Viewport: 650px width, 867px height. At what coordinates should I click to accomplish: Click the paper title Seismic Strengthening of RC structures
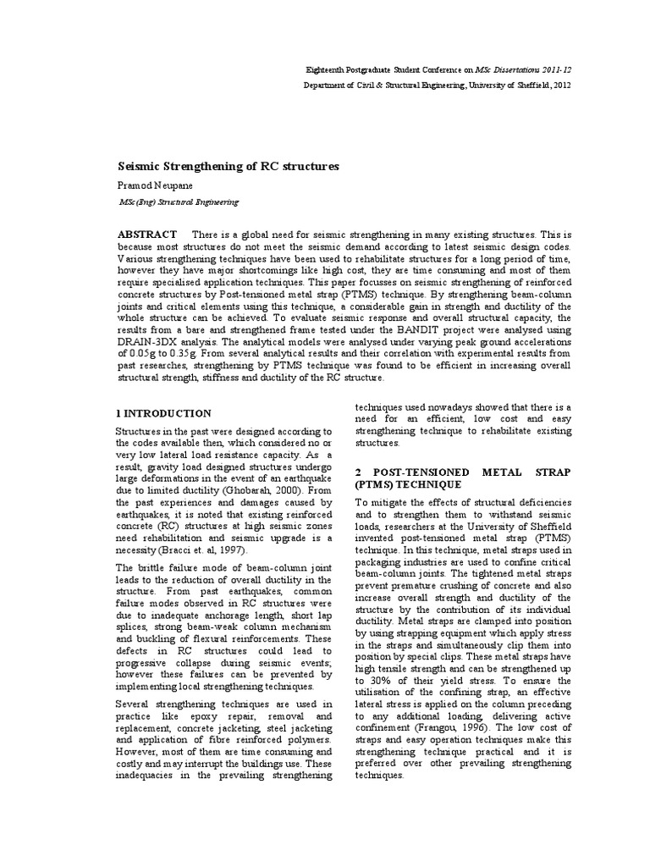[x=227, y=167]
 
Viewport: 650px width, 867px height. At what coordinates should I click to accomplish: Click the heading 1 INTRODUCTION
[x=163, y=413]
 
